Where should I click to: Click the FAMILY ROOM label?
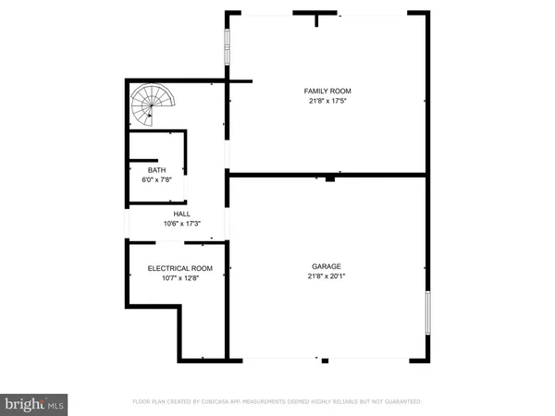327,91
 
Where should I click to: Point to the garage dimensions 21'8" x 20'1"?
327,276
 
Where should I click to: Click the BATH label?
156,170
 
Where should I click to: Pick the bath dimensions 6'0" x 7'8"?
156,179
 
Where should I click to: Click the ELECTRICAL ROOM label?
180,268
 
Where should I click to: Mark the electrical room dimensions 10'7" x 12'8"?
180,277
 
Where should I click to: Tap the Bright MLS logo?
35,404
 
